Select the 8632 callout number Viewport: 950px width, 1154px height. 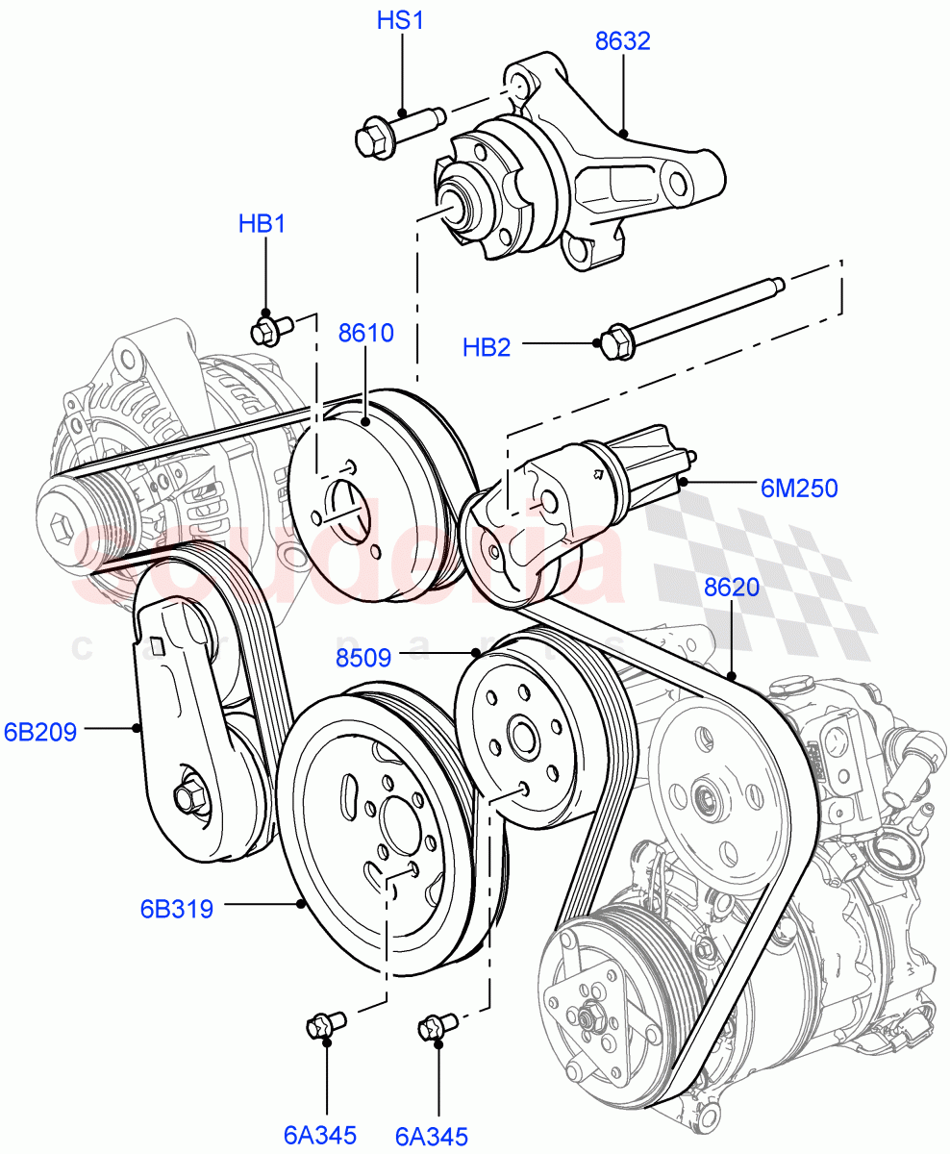click(x=622, y=41)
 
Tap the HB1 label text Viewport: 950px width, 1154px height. click(x=262, y=224)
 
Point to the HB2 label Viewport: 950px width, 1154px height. click(x=487, y=347)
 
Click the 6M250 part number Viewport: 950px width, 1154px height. click(x=799, y=489)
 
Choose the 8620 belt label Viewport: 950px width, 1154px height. click(x=732, y=588)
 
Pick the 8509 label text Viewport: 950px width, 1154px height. click(x=363, y=659)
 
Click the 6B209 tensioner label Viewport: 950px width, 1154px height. click(x=40, y=732)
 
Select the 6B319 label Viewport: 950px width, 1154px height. click(x=176, y=907)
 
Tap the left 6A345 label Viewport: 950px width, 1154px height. click(x=320, y=1136)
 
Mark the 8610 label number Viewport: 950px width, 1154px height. click(x=365, y=334)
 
